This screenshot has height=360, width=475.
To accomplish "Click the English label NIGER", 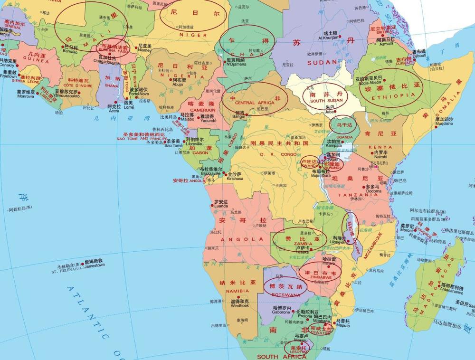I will point(193,35).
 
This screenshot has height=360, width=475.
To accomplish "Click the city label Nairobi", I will point(380,156).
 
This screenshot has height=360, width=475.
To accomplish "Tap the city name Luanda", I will point(221,206).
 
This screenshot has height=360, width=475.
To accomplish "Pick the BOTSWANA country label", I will point(286,294).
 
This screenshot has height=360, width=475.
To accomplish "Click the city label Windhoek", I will point(240,306).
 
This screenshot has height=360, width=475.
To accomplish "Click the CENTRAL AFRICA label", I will point(255,103).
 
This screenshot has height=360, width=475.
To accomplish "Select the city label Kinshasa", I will point(235,179).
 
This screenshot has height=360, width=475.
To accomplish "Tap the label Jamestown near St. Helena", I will point(95,265).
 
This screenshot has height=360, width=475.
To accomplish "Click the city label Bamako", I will point(70,51).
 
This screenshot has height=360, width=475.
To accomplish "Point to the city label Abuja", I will point(178,84).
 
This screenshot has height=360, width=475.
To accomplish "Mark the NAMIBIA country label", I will point(237,291).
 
